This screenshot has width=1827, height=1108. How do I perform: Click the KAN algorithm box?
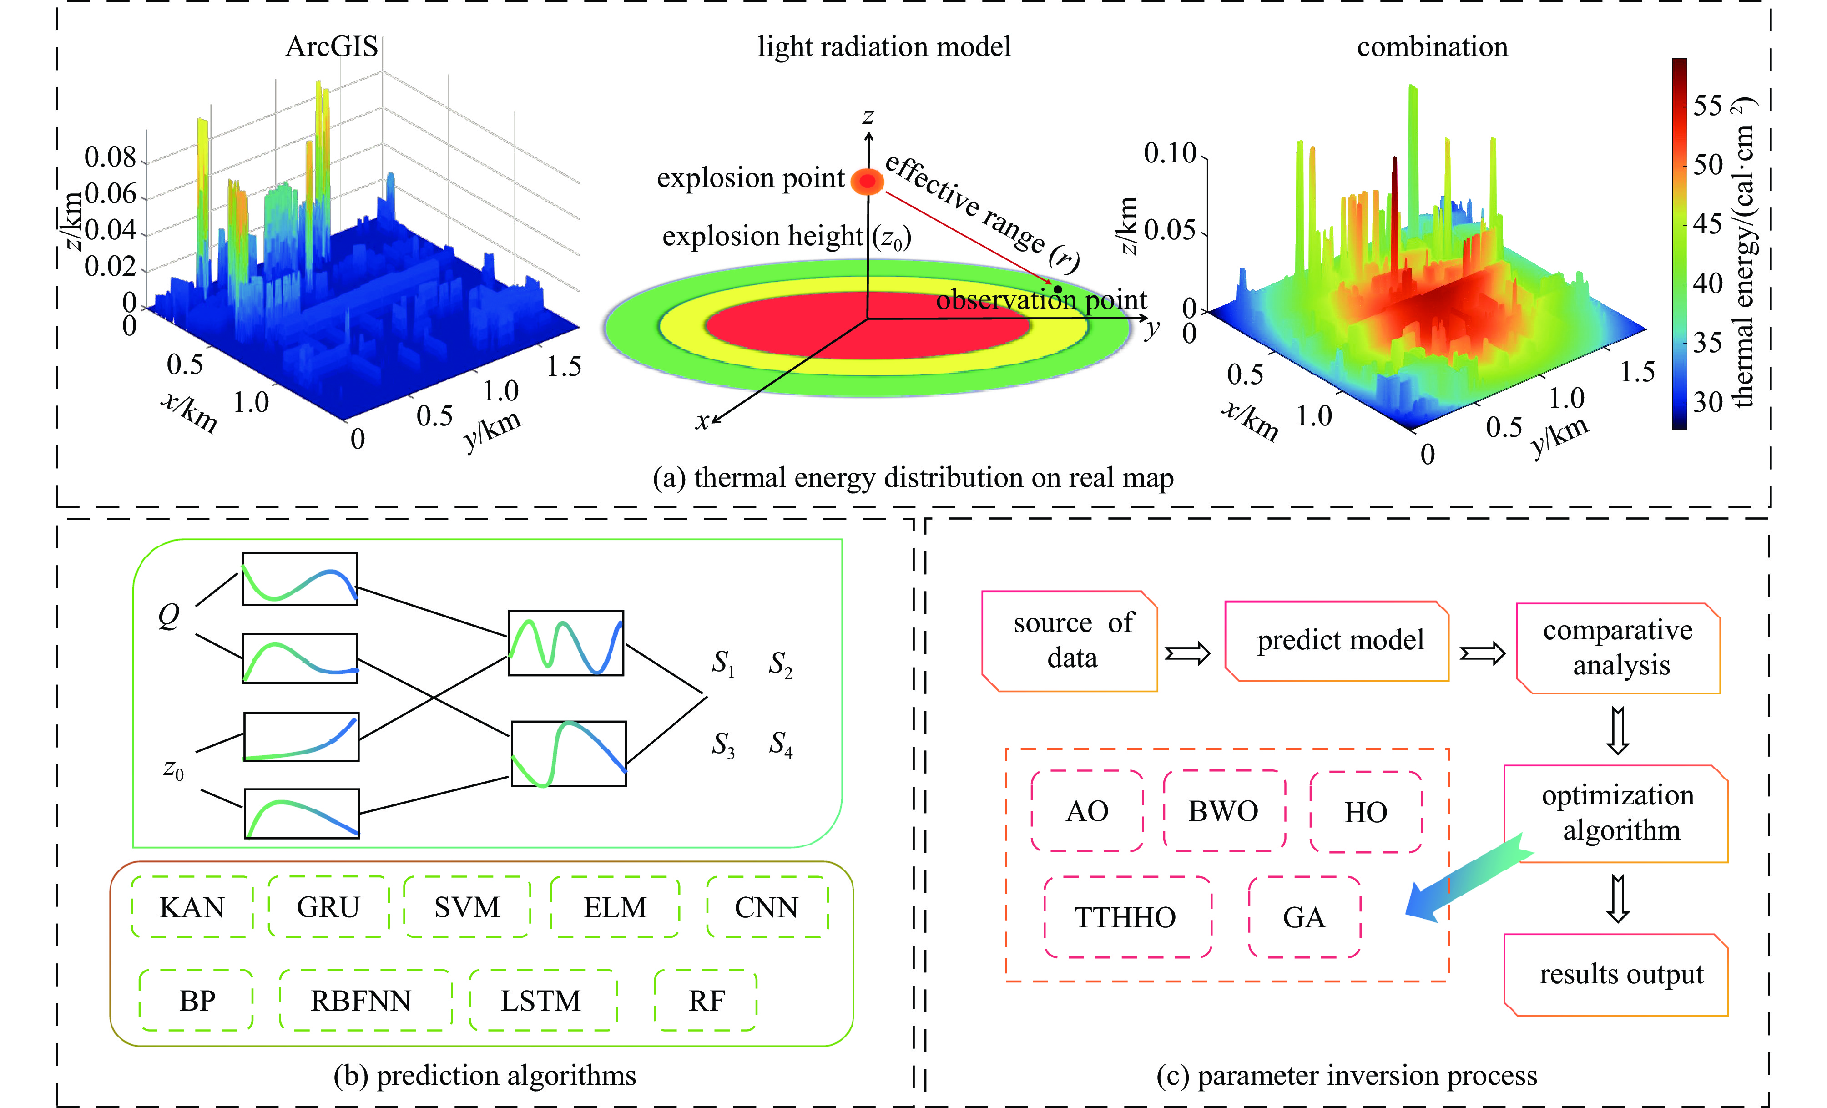192,907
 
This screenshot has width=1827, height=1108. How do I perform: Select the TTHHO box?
1126,917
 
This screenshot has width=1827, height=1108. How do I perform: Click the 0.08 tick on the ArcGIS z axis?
111,157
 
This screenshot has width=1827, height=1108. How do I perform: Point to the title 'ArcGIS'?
332,47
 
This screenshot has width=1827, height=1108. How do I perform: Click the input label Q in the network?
169,616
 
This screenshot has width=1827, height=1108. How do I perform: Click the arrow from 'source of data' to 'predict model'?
1187,653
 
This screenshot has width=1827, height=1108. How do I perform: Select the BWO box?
1223,810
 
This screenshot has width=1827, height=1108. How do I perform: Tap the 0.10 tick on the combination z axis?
1171,153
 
